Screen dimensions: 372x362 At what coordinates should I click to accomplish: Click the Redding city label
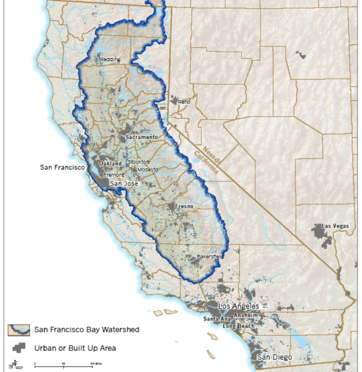tap(110, 60)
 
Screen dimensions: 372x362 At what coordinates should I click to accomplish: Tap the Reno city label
tap(184, 102)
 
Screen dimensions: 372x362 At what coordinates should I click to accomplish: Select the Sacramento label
tap(141, 137)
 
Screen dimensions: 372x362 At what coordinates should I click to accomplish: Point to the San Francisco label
tap(62, 167)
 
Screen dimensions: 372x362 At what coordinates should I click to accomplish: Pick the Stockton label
tap(138, 162)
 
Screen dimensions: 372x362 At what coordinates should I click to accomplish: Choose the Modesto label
tap(147, 170)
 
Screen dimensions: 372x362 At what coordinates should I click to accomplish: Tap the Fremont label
tap(114, 175)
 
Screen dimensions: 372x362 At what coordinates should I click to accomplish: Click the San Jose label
tap(124, 184)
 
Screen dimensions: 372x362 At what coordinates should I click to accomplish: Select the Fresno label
tap(184, 207)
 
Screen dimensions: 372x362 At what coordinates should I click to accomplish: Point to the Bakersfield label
tap(210, 257)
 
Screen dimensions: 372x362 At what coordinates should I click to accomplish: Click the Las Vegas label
tap(335, 226)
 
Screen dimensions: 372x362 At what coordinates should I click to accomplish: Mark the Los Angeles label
tap(238, 306)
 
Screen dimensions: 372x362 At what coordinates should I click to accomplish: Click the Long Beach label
tap(239, 326)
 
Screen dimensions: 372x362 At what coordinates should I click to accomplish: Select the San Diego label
tap(275, 357)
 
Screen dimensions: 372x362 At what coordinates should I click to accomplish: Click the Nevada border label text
tap(210, 155)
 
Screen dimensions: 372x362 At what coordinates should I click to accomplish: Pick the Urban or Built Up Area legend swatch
tap(19, 348)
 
